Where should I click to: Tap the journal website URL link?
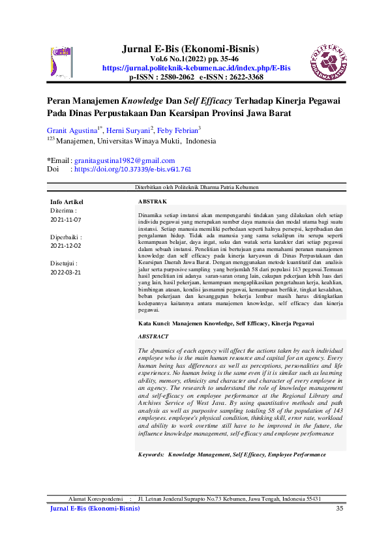(x=196, y=68)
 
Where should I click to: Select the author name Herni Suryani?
(x=128, y=130)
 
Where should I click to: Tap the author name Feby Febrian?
(x=178, y=130)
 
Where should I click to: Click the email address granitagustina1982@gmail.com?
(x=124, y=160)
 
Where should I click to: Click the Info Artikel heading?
(x=67, y=202)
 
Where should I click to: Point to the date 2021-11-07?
(x=66, y=220)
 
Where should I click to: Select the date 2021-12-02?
(x=66, y=246)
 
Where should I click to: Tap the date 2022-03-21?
(x=66, y=272)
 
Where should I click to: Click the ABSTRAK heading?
(x=153, y=202)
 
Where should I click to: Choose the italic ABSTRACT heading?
(x=153, y=336)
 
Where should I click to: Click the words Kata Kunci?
(x=154, y=323)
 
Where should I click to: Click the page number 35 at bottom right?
(x=339, y=508)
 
